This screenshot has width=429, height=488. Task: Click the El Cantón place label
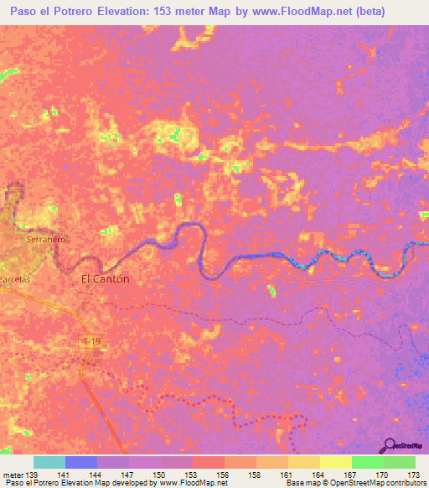(x=105, y=279)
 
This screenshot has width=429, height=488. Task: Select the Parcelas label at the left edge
(x=15, y=282)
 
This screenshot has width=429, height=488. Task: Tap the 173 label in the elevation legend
(x=411, y=474)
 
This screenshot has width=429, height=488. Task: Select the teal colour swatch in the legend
(x=49, y=462)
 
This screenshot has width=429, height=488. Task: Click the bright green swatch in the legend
(x=368, y=462)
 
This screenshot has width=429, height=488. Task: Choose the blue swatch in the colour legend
(x=81, y=462)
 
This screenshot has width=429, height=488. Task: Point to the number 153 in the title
(x=190, y=12)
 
